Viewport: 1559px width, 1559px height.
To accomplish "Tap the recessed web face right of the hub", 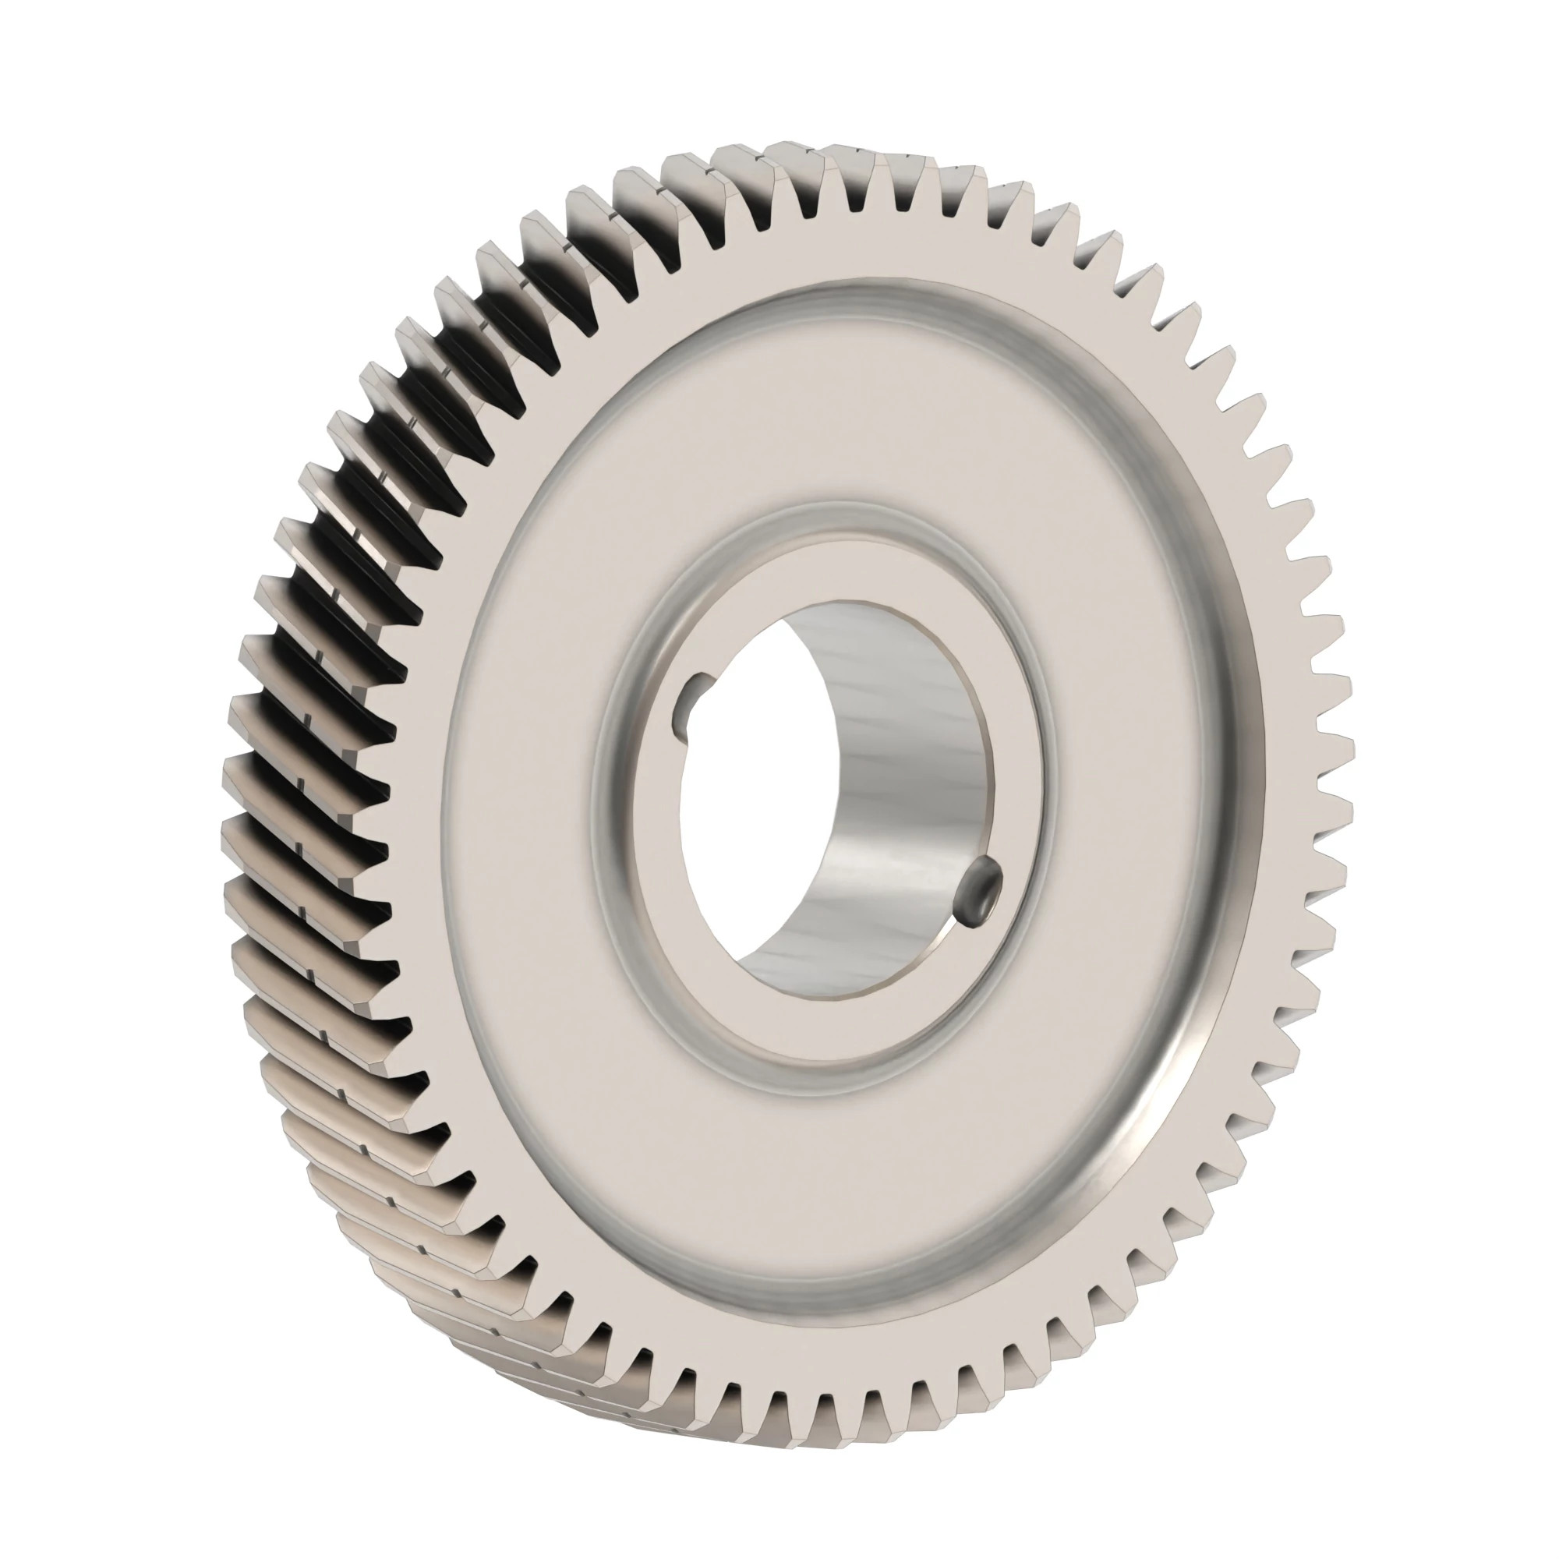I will tap(1129, 807).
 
